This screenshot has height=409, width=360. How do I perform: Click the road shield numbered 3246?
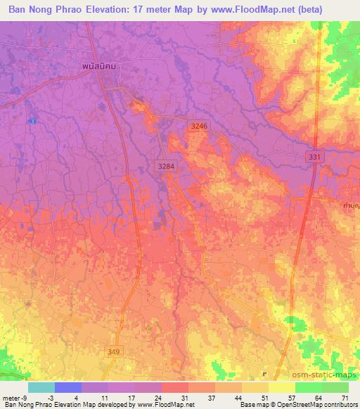(200, 126)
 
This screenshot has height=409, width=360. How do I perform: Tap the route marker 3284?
(166, 165)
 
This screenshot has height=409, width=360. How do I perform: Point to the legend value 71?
(345, 398)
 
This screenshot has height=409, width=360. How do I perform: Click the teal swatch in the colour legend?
(41, 387)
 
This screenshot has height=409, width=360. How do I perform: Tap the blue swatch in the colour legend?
(68, 387)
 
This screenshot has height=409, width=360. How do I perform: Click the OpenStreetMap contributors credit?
(321, 405)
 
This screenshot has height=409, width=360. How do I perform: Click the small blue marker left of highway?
(32, 121)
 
